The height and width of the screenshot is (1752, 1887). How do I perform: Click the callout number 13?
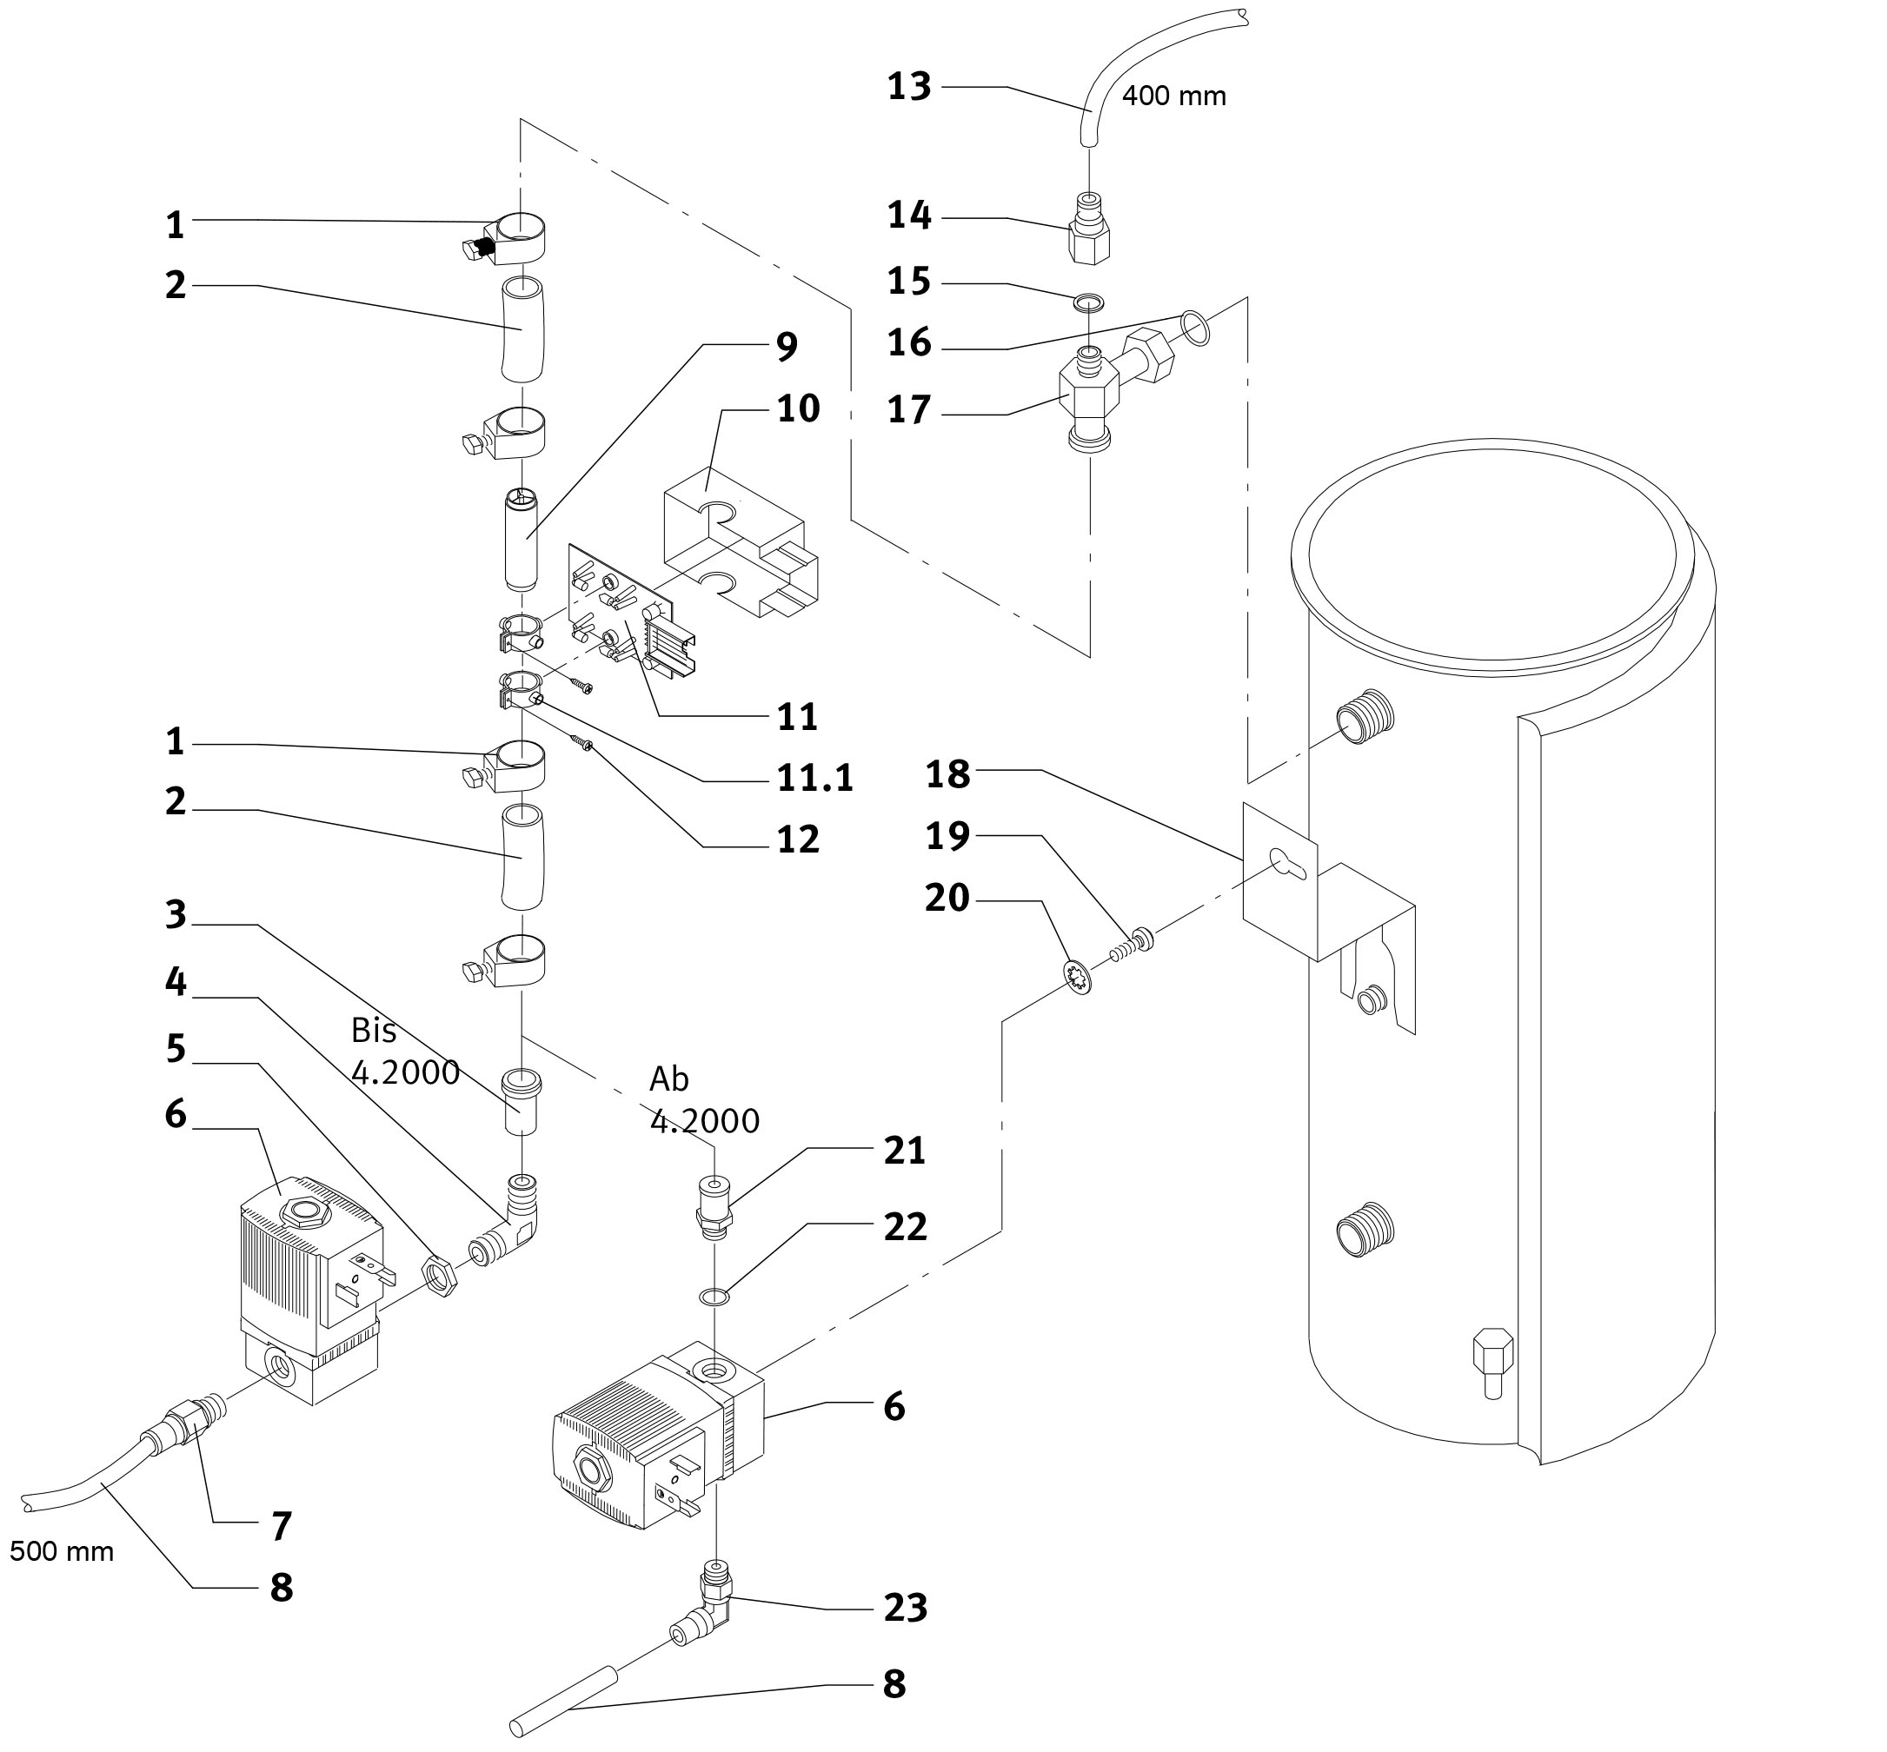click(909, 86)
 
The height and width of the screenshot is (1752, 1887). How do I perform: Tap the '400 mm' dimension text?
click(1174, 96)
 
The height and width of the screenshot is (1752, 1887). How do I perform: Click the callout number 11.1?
click(814, 778)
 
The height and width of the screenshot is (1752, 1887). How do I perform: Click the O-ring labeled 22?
click(714, 1296)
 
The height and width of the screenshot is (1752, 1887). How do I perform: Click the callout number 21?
click(904, 1151)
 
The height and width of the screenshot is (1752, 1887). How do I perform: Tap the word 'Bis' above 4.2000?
click(373, 1030)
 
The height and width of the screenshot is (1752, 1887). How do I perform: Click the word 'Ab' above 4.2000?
click(669, 1078)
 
